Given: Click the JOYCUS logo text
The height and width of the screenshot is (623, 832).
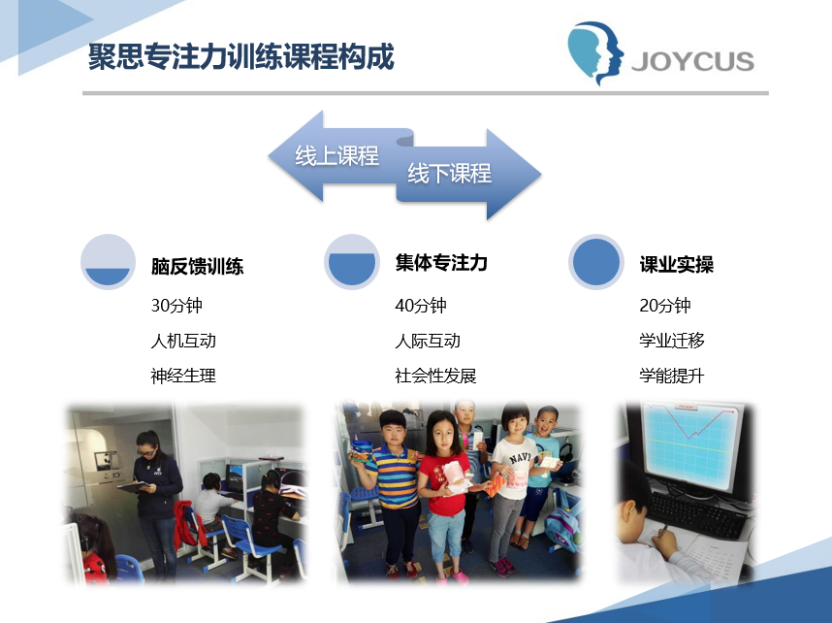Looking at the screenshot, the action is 693,60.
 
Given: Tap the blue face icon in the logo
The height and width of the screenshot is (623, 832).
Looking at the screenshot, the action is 595,52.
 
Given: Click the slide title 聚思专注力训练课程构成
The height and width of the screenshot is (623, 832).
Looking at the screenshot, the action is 241,56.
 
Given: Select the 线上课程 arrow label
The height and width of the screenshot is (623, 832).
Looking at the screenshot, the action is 336,155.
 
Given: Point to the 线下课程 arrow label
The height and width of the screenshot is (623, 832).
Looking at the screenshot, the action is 449,173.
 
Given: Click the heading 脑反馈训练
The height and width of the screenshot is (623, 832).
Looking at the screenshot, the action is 198,266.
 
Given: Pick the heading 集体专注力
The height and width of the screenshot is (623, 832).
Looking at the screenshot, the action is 441,262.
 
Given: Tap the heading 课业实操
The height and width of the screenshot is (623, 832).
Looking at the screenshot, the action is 677,264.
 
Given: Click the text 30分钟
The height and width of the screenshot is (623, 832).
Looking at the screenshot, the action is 176,306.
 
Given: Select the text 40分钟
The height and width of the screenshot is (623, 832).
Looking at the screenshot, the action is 421,306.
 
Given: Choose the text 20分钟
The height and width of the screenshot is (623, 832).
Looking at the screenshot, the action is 665,306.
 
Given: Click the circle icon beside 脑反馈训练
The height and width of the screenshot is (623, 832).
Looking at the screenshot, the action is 108,262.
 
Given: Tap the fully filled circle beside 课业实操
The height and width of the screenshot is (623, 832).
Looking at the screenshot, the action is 595,262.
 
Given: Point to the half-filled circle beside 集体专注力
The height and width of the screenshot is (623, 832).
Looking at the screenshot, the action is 352,262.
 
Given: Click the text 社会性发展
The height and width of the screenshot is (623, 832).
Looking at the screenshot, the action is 435,376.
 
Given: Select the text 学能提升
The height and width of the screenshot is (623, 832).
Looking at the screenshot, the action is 672,376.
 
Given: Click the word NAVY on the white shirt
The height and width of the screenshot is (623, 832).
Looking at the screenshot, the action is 520,457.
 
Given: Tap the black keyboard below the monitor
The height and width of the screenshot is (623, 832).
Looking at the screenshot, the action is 697,512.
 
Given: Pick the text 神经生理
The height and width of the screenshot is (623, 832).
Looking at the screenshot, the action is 183,376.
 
